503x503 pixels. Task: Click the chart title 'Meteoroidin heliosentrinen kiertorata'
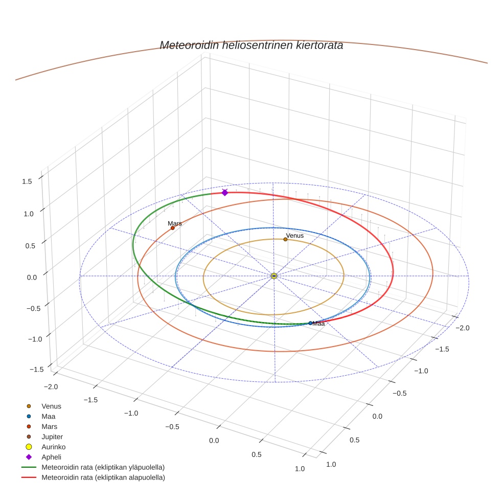pos(251,45)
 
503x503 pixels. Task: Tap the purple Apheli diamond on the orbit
pos(225,192)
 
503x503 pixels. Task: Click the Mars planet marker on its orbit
pos(173,227)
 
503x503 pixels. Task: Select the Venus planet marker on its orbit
pos(285,239)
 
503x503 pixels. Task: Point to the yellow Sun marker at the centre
pos(274,276)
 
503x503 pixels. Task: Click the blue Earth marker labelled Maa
pos(310,323)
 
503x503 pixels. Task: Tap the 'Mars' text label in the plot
pos(175,223)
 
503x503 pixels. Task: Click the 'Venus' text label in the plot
pos(294,236)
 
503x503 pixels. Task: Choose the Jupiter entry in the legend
pos(52,437)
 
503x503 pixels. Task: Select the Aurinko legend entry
pos(53,447)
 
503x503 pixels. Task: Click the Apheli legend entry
pos(51,457)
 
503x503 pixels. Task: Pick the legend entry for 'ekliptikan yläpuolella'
pos(103,467)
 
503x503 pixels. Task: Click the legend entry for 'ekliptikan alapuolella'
pos(103,477)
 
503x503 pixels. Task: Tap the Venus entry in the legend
pos(51,406)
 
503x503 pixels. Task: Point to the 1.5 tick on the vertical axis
pos(27,181)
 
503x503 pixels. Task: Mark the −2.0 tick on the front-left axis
pos(50,387)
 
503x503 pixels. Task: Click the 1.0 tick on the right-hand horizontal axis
pos(331,464)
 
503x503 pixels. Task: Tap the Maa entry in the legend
pos(49,416)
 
